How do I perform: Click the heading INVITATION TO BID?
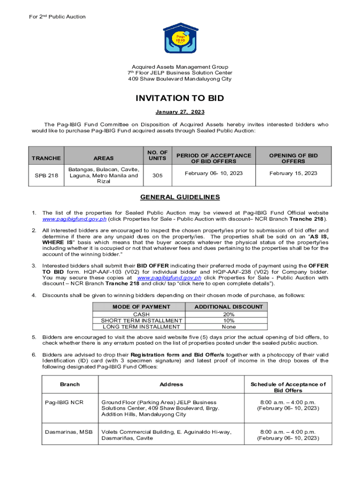[x=180, y=98]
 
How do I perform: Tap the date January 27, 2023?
[x=180, y=112]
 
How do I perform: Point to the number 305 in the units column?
[x=158, y=175]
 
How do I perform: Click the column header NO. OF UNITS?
[x=158, y=155]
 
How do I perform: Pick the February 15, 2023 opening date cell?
[x=293, y=173]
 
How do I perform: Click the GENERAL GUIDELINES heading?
[x=180, y=197]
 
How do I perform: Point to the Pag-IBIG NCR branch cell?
[x=65, y=402]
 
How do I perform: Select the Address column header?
[x=171, y=385]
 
